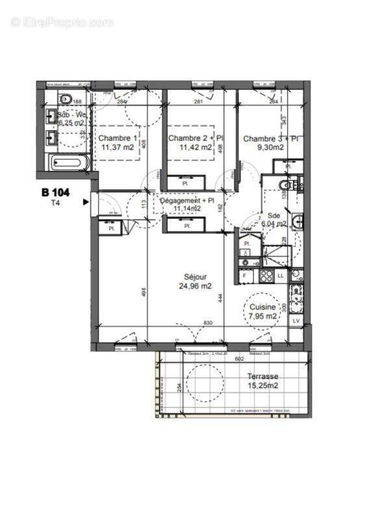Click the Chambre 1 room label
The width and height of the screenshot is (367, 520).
coord(118,138)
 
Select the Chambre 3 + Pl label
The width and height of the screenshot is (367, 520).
coord(270,138)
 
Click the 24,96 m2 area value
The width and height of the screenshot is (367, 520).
coord(196,285)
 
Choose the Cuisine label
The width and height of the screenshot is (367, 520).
coord(263,307)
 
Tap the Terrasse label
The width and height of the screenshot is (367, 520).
coord(262,376)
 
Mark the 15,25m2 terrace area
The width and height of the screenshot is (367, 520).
coord(262,385)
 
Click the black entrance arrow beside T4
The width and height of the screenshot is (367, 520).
coord(86,202)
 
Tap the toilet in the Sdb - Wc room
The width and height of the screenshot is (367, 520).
coord(65,99)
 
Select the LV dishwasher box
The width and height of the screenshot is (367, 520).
coord(296,320)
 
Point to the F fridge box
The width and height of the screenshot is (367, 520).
coord(244,276)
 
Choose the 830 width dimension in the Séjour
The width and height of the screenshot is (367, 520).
coord(208,324)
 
